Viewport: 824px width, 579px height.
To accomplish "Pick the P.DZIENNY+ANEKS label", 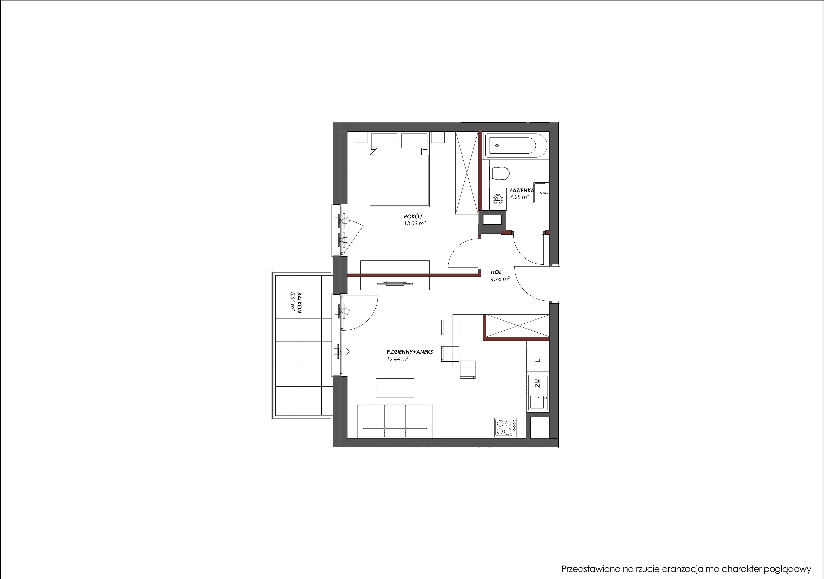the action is click(409, 352).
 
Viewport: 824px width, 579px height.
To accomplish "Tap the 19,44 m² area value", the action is click(397, 359).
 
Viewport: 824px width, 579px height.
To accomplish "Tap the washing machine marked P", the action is click(497, 198).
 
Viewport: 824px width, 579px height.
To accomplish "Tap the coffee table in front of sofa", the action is click(395, 388).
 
